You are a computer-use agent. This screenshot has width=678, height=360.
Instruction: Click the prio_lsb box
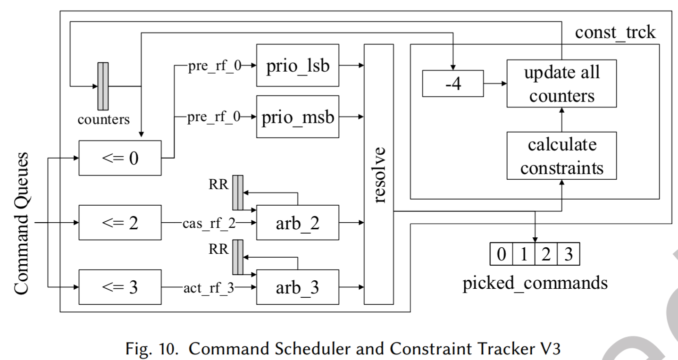297,66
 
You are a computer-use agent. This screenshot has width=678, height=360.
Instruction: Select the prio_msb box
297,117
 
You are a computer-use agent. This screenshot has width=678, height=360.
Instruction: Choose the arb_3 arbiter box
297,286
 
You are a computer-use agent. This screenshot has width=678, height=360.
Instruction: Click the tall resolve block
379,174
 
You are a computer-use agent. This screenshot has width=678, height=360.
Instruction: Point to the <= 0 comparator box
120,157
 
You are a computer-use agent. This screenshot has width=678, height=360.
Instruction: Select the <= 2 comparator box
120,223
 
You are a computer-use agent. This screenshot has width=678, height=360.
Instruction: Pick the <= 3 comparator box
120,286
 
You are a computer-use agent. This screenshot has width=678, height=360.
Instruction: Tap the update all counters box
561,83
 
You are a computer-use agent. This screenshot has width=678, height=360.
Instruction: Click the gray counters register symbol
103,86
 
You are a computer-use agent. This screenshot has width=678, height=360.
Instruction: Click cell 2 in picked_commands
546,255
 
